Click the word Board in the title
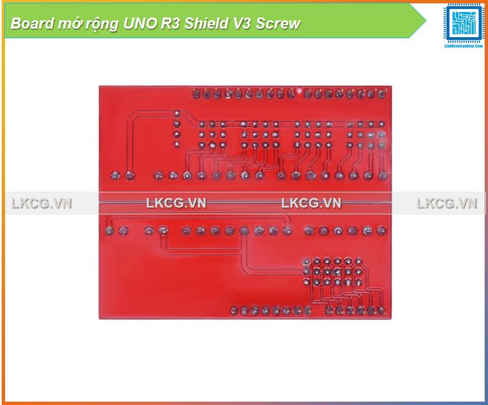(x=29, y=24)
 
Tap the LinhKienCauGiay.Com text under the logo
(x=464, y=46)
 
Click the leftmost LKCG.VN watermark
(x=42, y=204)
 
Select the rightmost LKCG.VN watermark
(x=447, y=204)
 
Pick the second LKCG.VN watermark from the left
(x=176, y=204)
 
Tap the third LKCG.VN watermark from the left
(x=311, y=204)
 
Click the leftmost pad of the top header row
(x=196, y=94)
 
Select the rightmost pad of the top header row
(x=382, y=94)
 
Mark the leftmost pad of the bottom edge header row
(x=234, y=310)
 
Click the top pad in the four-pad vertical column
(x=177, y=114)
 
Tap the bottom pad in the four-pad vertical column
(x=177, y=145)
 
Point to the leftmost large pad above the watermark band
(x=116, y=176)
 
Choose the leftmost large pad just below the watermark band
(x=109, y=231)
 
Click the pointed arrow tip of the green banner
(x=426, y=21)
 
